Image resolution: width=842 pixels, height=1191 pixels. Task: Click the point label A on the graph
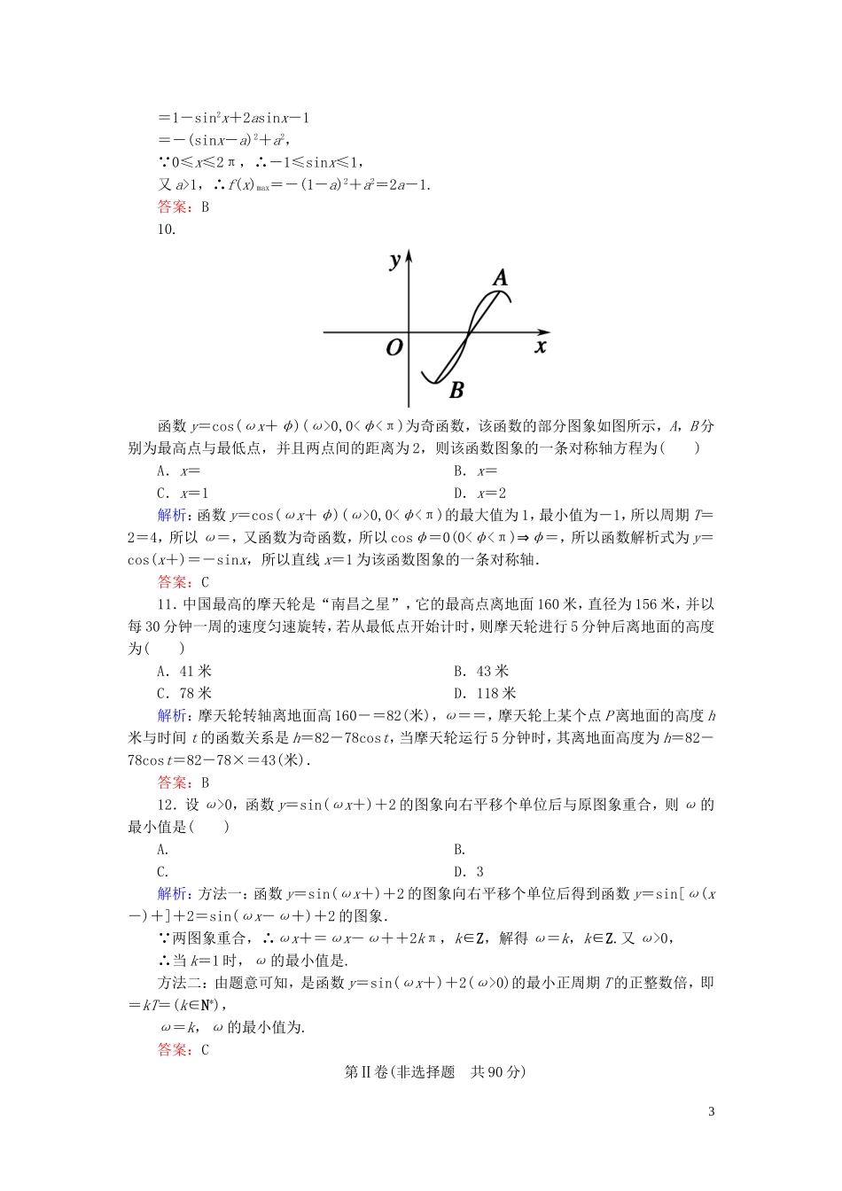click(501, 278)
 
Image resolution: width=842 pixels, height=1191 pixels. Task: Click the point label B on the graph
click(456, 389)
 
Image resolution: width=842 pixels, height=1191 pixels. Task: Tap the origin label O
click(394, 347)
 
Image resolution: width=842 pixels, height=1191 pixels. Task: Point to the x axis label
click(541, 346)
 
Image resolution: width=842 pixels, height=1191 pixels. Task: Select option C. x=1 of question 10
click(183, 494)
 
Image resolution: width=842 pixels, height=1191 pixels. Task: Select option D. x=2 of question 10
click(479, 494)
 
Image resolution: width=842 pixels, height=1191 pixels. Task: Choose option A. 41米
click(184, 672)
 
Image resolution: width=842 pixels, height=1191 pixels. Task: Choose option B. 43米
click(481, 672)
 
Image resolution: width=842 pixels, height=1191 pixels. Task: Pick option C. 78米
click(184, 694)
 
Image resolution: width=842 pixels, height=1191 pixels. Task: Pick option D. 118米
click(485, 694)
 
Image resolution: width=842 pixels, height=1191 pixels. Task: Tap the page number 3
click(711, 1112)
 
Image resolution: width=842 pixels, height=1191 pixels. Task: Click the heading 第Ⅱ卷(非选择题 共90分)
click(434, 1072)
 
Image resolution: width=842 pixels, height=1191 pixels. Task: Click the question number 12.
click(167, 805)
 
